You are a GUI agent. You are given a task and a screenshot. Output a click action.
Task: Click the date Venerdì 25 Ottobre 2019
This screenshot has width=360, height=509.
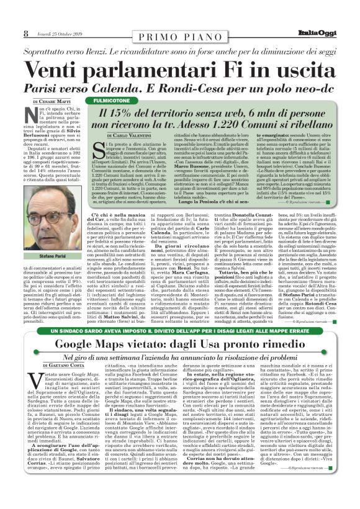[56, 33]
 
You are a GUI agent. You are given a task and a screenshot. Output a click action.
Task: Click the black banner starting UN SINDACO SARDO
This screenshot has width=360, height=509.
[180, 349]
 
